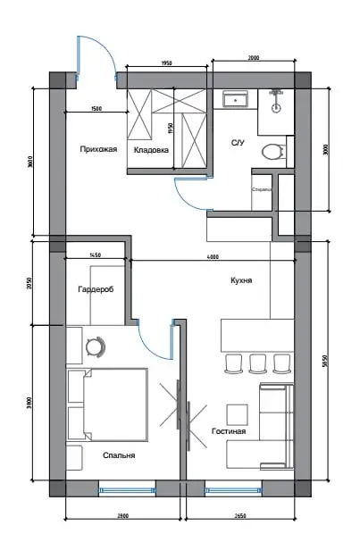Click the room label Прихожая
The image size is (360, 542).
tap(97, 149)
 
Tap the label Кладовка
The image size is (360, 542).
tap(151, 150)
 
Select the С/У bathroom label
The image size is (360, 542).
tap(238, 143)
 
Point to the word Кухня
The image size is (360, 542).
tap(240, 280)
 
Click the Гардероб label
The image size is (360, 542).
tap(96, 289)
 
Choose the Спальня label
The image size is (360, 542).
tap(119, 455)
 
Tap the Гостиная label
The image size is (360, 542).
tap(229, 431)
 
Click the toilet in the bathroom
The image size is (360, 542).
tap(273, 152)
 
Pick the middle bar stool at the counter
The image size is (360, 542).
tap(258, 363)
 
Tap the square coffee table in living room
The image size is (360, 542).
tap(237, 414)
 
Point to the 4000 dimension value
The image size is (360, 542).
tap(212, 257)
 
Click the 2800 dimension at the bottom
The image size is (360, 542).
tap(122, 515)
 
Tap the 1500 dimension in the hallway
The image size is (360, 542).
tap(96, 110)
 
